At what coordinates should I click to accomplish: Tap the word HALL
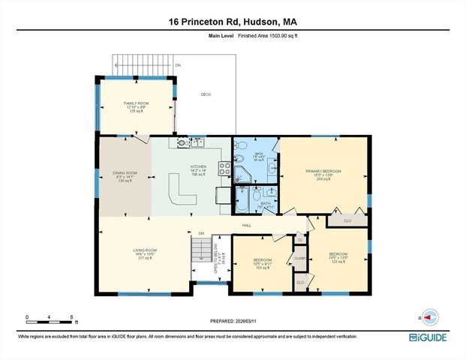click(x=246, y=225)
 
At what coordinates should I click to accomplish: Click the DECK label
click(x=206, y=94)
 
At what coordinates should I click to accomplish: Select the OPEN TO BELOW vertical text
click(x=215, y=256)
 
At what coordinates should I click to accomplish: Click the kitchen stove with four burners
click(x=224, y=168)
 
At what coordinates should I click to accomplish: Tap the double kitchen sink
click(x=197, y=142)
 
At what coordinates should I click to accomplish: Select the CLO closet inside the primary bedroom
click(x=347, y=220)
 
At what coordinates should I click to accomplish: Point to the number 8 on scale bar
click(x=71, y=317)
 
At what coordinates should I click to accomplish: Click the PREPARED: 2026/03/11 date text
click(x=233, y=322)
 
